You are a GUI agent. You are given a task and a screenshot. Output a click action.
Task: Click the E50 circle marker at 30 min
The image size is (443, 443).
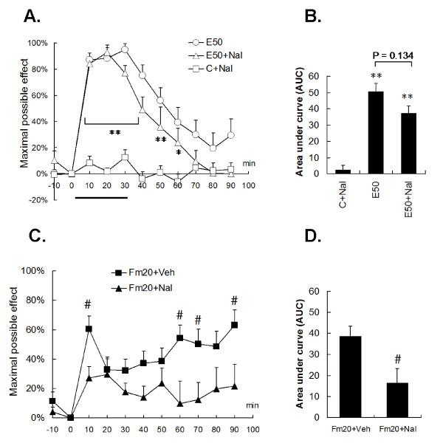coord(125,49)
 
